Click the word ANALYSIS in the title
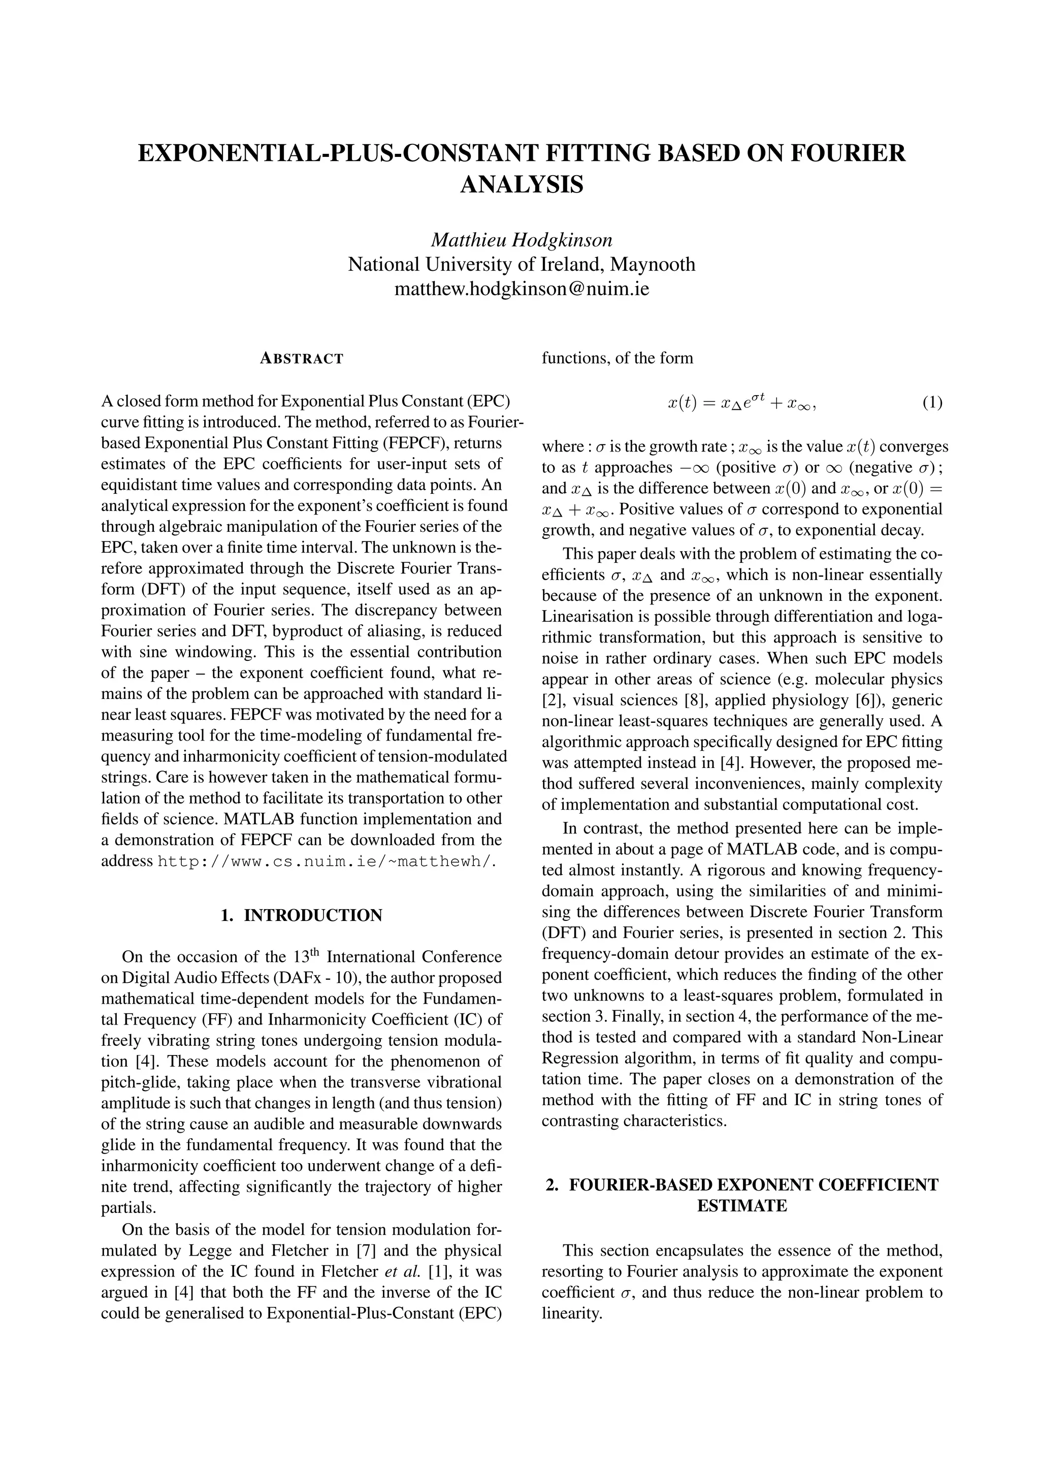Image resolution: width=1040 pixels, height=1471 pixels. click(x=522, y=184)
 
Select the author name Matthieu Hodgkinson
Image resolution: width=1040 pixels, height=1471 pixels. click(x=522, y=240)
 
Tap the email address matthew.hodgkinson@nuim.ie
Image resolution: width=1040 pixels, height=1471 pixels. click(x=522, y=289)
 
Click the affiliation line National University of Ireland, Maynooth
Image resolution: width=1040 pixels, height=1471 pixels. click(x=522, y=264)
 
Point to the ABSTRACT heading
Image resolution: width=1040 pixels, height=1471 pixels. click(x=302, y=359)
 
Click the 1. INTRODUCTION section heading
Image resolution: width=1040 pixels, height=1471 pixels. click(x=302, y=915)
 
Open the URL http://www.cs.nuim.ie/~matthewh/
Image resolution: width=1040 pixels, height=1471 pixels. click(x=327, y=861)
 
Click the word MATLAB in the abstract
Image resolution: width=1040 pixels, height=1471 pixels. click(x=261, y=819)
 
